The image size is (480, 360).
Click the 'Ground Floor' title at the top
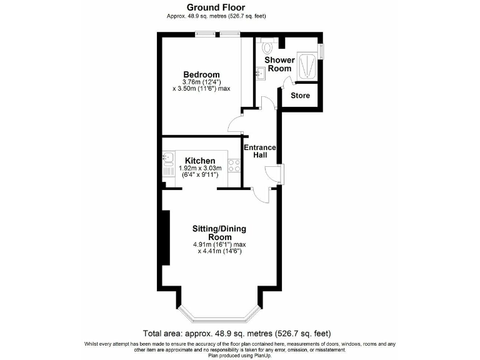[211, 7]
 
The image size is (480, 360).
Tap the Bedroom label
[201, 74]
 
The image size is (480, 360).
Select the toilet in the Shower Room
[268, 45]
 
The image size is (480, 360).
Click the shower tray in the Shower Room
[308, 65]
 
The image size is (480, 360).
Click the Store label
[300, 96]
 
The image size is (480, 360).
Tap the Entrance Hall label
[259, 151]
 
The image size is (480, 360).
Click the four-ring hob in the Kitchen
[235, 166]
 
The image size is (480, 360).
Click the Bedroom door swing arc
[234, 124]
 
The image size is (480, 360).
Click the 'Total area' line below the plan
[237, 334]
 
